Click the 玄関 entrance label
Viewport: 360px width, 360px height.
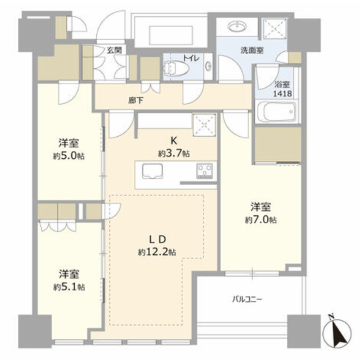[114, 50]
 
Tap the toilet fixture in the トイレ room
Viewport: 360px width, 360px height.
[176, 67]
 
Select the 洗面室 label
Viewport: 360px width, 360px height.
[252, 50]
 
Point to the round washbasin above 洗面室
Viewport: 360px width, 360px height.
[237, 26]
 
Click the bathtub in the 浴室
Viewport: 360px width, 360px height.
[277, 111]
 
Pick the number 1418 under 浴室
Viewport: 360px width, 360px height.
[282, 93]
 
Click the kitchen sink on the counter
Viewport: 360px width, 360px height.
[152, 171]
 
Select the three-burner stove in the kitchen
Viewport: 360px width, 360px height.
[204, 171]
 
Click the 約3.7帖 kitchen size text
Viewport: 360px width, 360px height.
[174, 153]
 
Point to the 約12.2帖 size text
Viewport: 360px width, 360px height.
[157, 252]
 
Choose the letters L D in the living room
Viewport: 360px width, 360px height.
[157, 240]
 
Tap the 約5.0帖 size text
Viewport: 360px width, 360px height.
[69, 156]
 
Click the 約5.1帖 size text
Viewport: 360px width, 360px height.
[69, 287]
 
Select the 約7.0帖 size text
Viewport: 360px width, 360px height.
[260, 220]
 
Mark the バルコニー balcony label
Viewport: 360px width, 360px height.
[247, 299]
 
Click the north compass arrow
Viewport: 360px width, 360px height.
[336, 331]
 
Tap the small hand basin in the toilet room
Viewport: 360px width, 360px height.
[209, 66]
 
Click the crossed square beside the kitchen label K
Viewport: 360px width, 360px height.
[205, 125]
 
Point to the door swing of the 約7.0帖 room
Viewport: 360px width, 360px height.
[236, 124]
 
